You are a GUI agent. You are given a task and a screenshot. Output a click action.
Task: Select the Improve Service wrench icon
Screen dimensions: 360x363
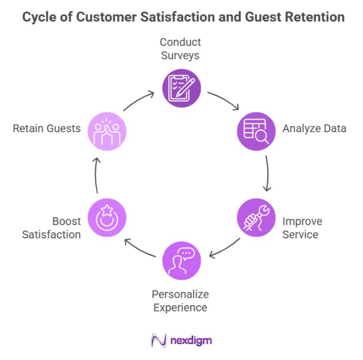tap(256, 217)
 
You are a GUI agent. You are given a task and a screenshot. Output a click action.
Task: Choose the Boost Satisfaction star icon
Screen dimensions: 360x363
tap(107, 217)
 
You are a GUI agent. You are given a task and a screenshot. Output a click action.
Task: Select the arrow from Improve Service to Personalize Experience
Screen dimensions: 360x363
tap(224, 248)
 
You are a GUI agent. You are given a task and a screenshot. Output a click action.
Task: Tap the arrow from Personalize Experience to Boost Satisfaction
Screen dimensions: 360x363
tap(139, 248)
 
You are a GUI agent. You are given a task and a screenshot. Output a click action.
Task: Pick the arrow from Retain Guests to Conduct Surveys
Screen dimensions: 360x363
tap(138, 100)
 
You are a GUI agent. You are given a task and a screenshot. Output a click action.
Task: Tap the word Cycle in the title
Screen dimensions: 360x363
tap(37, 18)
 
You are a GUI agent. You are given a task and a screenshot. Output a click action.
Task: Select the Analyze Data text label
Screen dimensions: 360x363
tap(314, 128)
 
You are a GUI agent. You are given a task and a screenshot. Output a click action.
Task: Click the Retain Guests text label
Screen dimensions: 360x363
tap(47, 128)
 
